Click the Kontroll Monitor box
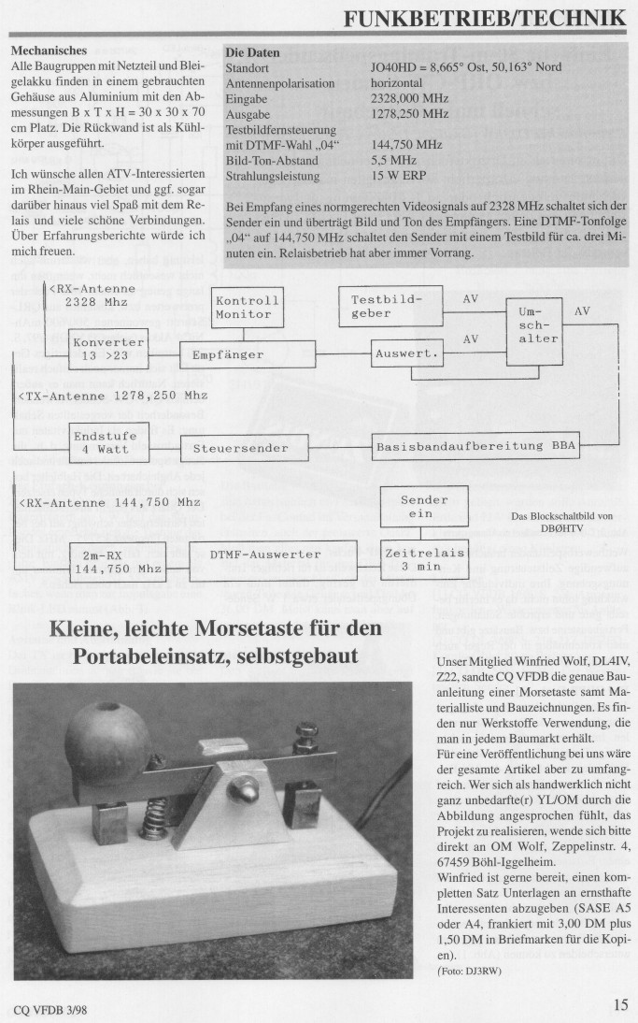(248, 308)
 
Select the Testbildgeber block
(390, 307)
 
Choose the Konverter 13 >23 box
(108, 349)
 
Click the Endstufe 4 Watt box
(108, 442)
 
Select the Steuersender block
(246, 448)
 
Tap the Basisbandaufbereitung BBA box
(475, 447)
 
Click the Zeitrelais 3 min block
(425, 559)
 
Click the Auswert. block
(406, 354)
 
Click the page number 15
(620, 1005)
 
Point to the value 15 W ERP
(398, 176)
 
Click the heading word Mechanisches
(48, 50)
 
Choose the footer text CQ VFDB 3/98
(52, 1008)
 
